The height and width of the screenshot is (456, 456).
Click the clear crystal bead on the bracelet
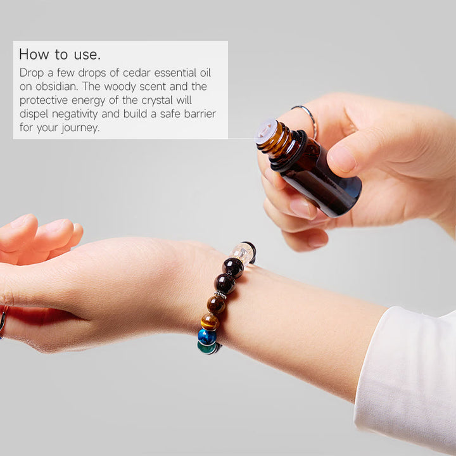(x=242, y=254)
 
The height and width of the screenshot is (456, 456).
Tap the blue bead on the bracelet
(x=206, y=336)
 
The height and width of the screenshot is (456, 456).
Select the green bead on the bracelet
(x=207, y=347)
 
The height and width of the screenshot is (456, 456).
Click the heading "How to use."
(x=60, y=54)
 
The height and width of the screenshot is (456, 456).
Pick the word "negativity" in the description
(x=79, y=114)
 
